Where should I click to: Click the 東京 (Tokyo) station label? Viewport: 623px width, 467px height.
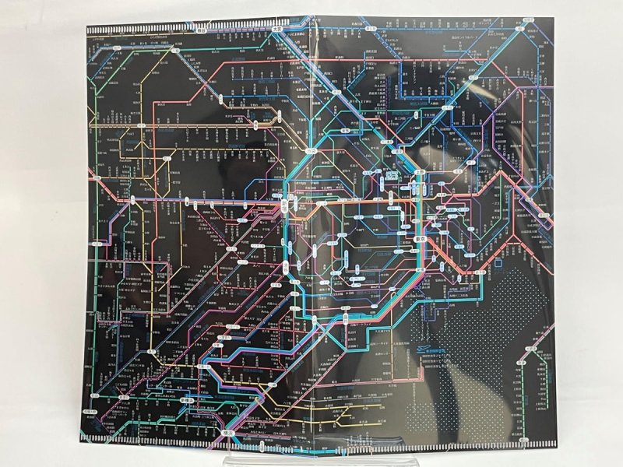pos(418,239)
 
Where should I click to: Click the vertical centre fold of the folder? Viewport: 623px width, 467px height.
pos(311,233)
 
